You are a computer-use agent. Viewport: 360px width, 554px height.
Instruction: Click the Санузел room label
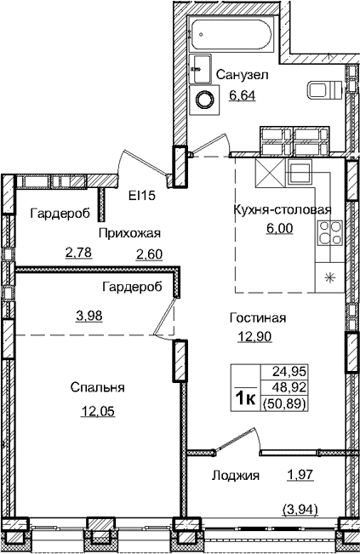point(243,75)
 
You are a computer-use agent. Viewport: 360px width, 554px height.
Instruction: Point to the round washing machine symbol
point(205,100)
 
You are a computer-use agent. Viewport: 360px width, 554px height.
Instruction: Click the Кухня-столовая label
point(282,210)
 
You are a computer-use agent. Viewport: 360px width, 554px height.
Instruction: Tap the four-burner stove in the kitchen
point(329,228)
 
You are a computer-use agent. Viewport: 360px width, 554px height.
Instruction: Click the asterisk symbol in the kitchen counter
point(330,277)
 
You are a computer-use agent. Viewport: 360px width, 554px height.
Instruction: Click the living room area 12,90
point(253,336)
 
